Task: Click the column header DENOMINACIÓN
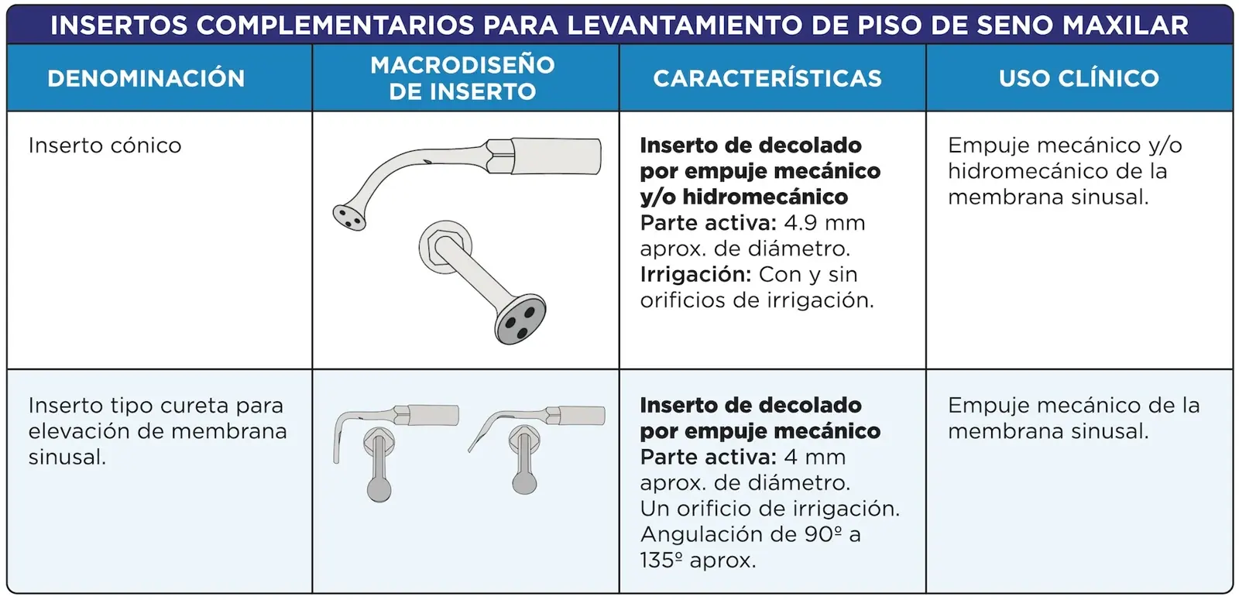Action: [x=146, y=78]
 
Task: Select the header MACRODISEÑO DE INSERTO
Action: [x=462, y=78]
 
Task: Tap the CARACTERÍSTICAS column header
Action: [x=767, y=78]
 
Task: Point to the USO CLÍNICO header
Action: [x=1079, y=78]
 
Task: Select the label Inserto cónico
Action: [x=105, y=146]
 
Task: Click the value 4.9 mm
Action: [x=825, y=223]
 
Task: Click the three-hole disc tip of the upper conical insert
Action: [x=349, y=218]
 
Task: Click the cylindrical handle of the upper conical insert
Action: [x=556, y=156]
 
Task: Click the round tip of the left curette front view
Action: [x=379, y=491]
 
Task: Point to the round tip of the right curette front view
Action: [x=524, y=483]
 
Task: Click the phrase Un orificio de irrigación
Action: [x=770, y=509]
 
